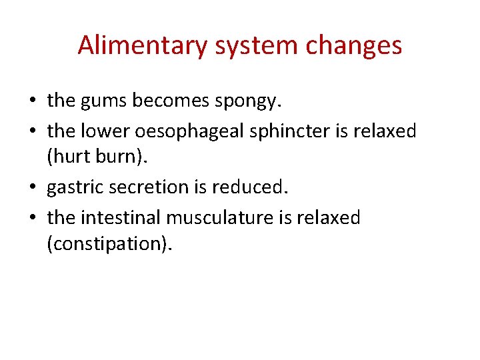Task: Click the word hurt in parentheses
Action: coord(68,157)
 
